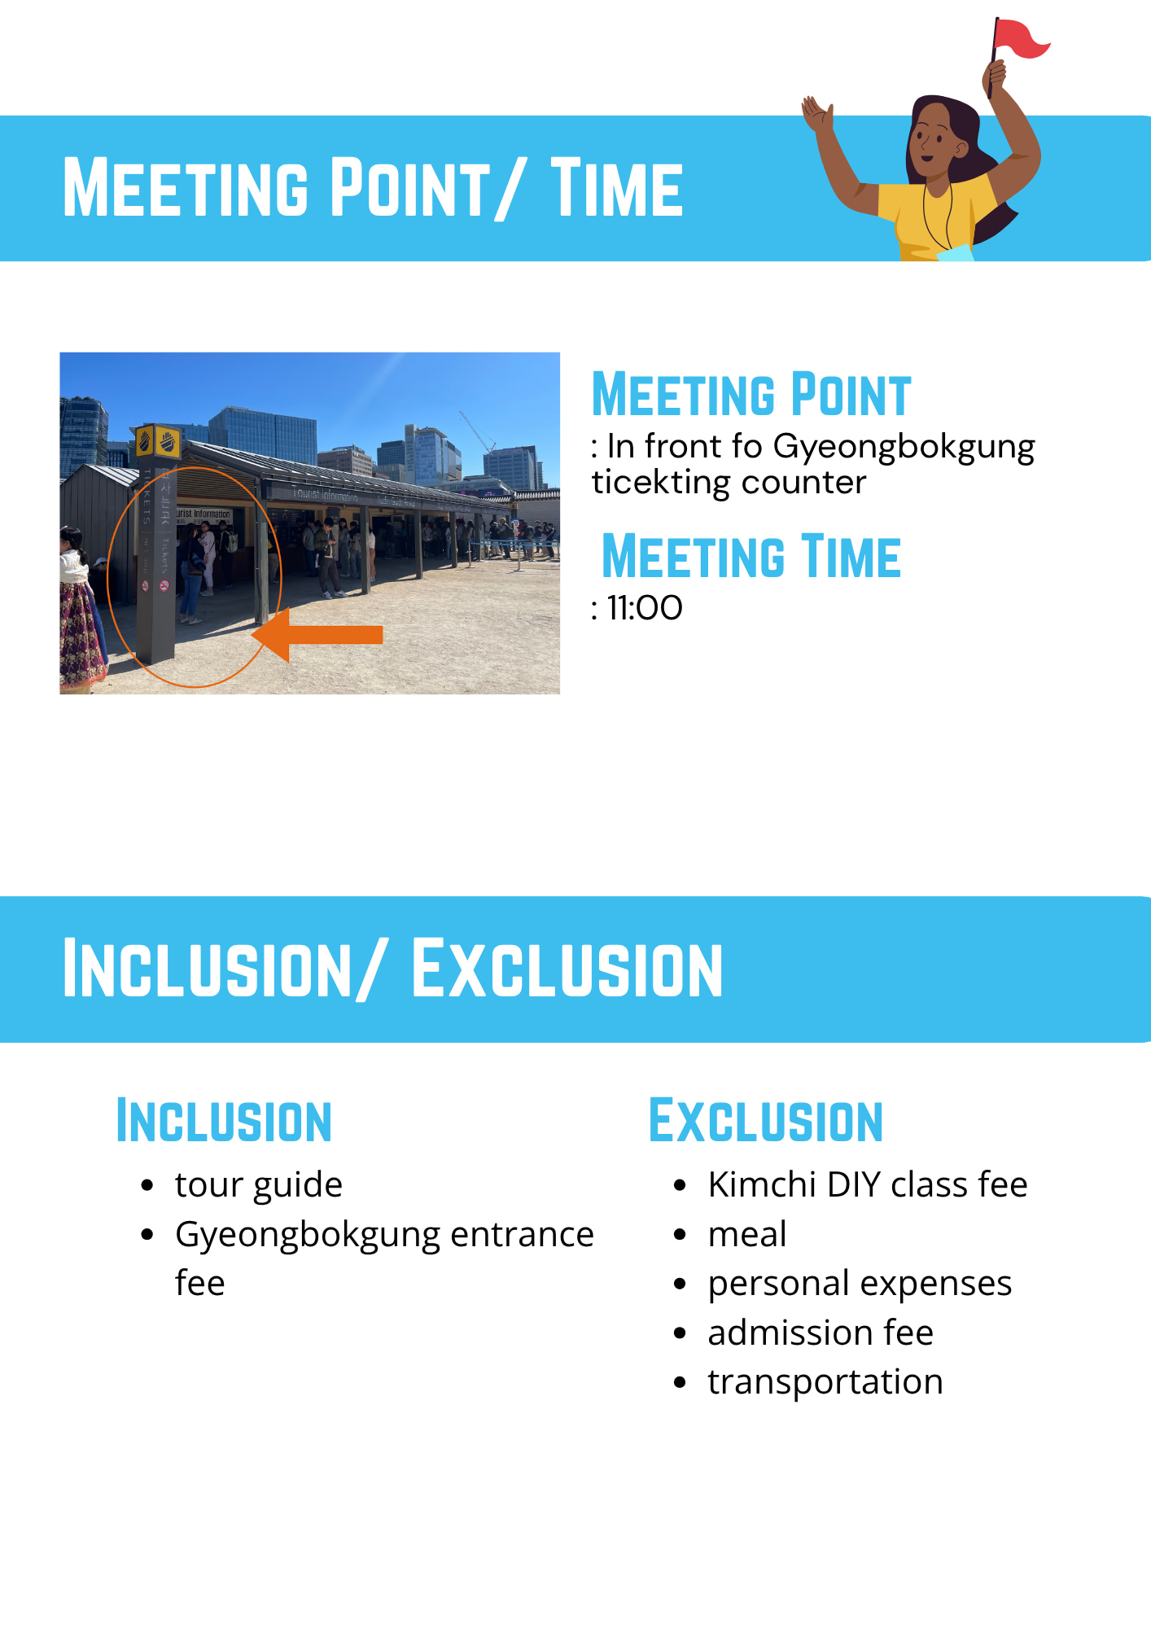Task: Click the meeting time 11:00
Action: [x=645, y=608]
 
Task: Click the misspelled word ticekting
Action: [x=661, y=484]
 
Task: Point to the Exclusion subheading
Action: [x=766, y=1121]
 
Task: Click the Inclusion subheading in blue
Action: [x=224, y=1121]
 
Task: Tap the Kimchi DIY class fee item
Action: [x=868, y=1184]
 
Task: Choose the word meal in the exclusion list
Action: [x=747, y=1234]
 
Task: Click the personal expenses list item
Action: [x=860, y=1284]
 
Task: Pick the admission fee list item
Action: [x=821, y=1333]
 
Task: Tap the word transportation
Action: [x=825, y=1382]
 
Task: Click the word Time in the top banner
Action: [x=617, y=188]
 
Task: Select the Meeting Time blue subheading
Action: [x=751, y=557]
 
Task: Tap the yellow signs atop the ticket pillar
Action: [x=157, y=441]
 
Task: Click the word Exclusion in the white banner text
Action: [x=567, y=969]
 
